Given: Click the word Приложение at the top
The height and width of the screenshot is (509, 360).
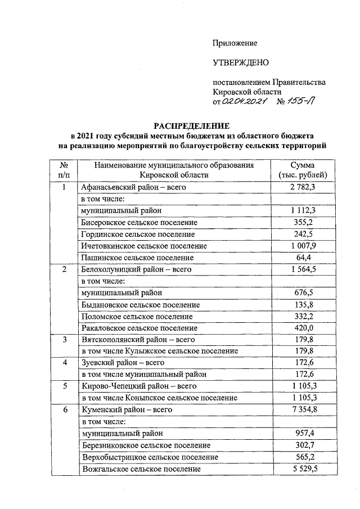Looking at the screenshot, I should pyautogui.click(x=235, y=43).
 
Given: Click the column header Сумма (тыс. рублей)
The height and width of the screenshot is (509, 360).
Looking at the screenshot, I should pyautogui.click(x=306, y=170).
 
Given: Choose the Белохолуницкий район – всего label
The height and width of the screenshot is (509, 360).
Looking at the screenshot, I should pyautogui.click(x=137, y=269).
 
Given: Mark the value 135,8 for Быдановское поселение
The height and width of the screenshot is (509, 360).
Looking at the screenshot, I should pyautogui.click(x=306, y=304).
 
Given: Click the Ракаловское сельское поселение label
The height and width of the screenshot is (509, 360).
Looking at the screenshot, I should pyautogui.click(x=139, y=328).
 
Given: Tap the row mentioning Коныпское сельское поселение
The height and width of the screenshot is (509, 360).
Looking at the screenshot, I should pyautogui.click(x=160, y=398).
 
